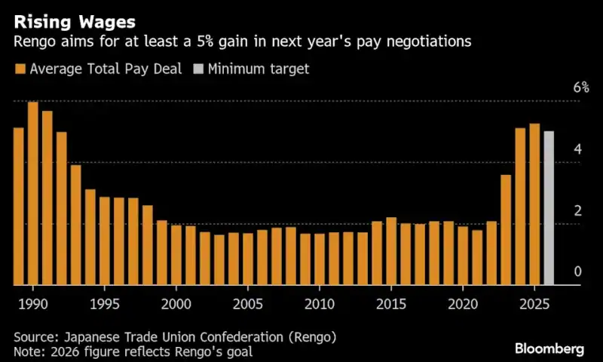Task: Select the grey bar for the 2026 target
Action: click(x=549, y=208)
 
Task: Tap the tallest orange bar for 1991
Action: click(x=33, y=193)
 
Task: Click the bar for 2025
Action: click(x=534, y=204)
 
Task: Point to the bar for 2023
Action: click(x=506, y=230)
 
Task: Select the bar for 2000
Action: click(x=176, y=255)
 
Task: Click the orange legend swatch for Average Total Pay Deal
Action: click(x=20, y=69)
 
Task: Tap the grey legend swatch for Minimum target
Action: click(x=198, y=69)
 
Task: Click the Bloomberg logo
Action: click(x=549, y=348)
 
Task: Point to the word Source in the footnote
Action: click(x=35, y=336)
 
